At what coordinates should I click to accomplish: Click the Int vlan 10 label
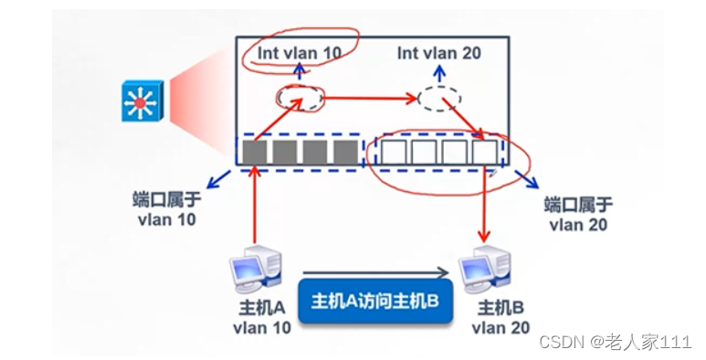[299, 53]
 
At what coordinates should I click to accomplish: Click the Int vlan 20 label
[439, 53]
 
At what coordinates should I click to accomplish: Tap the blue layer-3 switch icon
[141, 100]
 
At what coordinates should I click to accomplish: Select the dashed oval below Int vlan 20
[439, 98]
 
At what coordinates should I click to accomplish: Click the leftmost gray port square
[255, 152]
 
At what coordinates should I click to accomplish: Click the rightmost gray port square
[344, 152]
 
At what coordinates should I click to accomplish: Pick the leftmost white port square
[395, 152]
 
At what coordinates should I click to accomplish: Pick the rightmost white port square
[485, 152]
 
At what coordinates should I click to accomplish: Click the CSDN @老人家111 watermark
[615, 342]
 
